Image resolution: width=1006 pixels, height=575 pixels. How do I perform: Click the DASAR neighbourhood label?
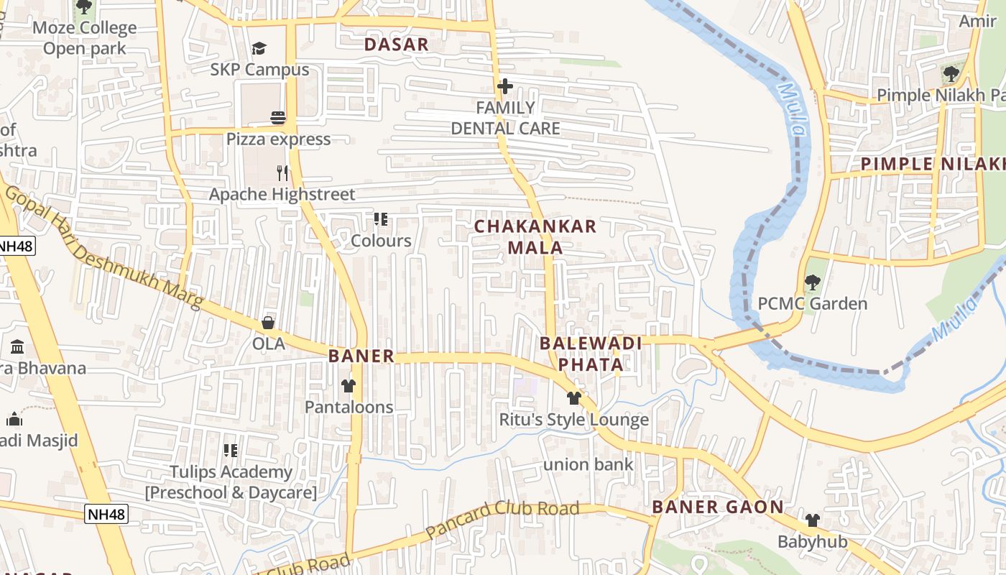(396, 45)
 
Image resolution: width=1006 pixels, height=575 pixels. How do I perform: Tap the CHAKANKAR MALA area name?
(535, 237)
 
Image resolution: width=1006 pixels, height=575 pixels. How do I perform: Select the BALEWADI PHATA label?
(591, 354)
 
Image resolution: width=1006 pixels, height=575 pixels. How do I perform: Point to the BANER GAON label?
(718, 507)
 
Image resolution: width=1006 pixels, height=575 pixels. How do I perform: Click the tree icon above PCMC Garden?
(813, 282)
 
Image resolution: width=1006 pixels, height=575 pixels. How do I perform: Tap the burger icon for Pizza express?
(278, 118)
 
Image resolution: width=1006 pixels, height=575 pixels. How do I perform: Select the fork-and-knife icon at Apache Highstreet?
(282, 172)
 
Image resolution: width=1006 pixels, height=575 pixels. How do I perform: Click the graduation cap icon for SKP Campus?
(259, 48)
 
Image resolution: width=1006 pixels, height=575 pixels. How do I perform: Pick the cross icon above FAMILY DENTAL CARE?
(505, 87)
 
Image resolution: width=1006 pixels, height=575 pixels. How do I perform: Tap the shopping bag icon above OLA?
(268, 323)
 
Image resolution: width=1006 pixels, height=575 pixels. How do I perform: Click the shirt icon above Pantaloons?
(349, 386)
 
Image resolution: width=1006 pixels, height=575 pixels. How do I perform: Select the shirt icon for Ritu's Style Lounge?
(573, 398)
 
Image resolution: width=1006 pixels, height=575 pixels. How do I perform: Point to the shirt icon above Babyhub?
(812, 520)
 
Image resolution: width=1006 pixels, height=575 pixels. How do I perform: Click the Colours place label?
(381, 241)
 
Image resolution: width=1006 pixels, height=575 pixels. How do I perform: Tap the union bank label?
(589, 465)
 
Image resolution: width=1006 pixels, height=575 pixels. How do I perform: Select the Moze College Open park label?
(85, 38)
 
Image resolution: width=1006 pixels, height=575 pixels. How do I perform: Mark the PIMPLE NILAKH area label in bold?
(933, 164)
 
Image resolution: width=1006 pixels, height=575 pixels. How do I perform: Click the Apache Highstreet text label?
(282, 195)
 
